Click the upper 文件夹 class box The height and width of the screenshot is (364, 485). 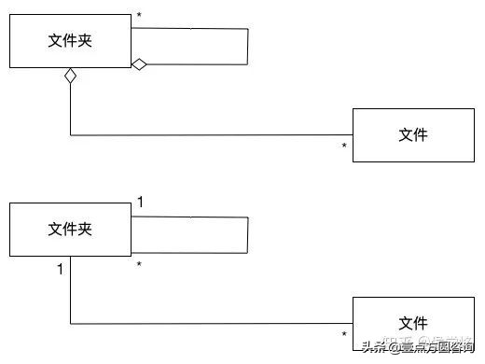pyautogui.click(x=70, y=41)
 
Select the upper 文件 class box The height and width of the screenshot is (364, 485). pyautogui.click(x=412, y=135)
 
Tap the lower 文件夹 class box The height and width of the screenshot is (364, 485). pyautogui.click(x=70, y=229)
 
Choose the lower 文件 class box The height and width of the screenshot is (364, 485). pyautogui.click(x=412, y=322)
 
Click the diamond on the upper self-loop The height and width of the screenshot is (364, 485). pyautogui.click(x=139, y=64)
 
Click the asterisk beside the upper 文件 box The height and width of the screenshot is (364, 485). pyautogui.click(x=343, y=147)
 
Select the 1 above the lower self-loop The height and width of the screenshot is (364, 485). pyautogui.click(x=140, y=202)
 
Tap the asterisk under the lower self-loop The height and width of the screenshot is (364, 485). pyautogui.click(x=139, y=265)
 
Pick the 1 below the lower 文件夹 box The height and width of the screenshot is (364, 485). pyautogui.click(x=60, y=270)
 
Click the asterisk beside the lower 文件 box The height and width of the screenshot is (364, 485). pyautogui.click(x=343, y=334)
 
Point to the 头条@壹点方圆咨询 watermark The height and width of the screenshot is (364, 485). pyautogui.click(x=419, y=347)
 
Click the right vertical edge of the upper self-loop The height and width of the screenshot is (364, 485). pyautogui.click(x=248, y=47)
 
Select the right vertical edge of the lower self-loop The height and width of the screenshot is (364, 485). pyautogui.click(x=248, y=234)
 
